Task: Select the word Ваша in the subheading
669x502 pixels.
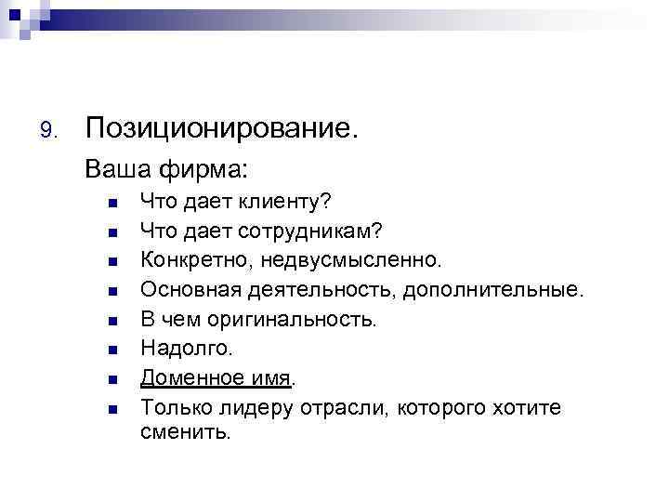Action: coord(115,170)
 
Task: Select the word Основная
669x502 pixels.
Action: coord(190,292)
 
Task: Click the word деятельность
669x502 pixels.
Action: coord(321,292)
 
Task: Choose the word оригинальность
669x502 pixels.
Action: coord(297,320)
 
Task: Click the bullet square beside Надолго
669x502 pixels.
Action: coord(111,350)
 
